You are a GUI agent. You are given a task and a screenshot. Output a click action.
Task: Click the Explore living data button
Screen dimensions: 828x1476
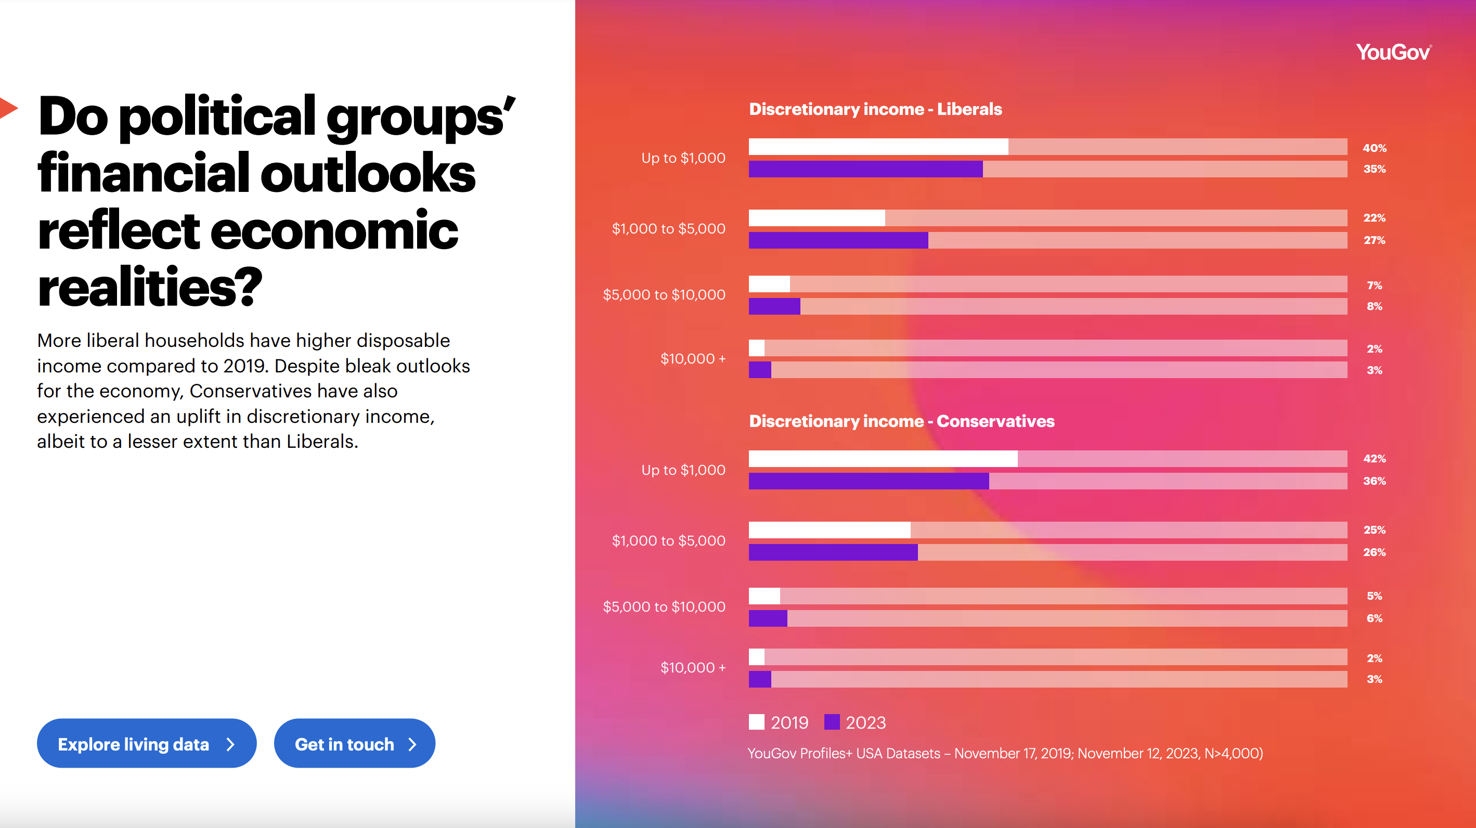(146, 744)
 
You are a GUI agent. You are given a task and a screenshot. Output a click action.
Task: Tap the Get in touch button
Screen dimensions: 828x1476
(355, 744)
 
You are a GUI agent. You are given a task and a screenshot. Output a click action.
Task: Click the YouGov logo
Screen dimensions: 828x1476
(1393, 52)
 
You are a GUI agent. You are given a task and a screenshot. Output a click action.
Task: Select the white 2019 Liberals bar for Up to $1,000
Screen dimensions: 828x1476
(878, 147)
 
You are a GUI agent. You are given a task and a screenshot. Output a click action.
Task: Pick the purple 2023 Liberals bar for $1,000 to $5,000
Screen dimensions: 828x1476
(838, 240)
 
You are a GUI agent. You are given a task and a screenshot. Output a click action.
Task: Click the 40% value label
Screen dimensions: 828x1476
(1374, 148)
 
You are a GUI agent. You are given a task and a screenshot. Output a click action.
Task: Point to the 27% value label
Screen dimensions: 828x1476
(1374, 240)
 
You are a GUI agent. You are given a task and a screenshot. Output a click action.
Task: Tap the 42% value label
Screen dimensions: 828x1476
(1374, 458)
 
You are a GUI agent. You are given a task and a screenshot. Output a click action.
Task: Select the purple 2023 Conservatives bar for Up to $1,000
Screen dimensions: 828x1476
(868, 481)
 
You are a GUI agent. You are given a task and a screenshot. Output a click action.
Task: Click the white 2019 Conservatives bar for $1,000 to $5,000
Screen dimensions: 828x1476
(829, 529)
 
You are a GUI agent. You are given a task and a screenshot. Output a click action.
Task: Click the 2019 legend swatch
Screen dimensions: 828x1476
(756, 722)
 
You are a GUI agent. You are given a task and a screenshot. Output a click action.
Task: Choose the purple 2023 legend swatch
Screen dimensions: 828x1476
(832, 722)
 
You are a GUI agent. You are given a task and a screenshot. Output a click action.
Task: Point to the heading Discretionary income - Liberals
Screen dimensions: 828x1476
(875, 109)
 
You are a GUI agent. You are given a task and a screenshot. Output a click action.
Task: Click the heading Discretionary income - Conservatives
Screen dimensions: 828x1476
(901, 421)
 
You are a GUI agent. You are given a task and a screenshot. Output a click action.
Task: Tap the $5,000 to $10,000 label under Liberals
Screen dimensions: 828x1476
(664, 294)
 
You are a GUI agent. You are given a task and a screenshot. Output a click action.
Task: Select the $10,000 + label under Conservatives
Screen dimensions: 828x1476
(693, 668)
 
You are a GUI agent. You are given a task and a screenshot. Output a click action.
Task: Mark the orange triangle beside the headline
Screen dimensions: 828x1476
(8, 108)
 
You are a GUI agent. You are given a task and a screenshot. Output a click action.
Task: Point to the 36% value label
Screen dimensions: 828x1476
(1374, 481)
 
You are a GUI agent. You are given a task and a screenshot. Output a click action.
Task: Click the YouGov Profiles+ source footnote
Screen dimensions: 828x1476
(1005, 753)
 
